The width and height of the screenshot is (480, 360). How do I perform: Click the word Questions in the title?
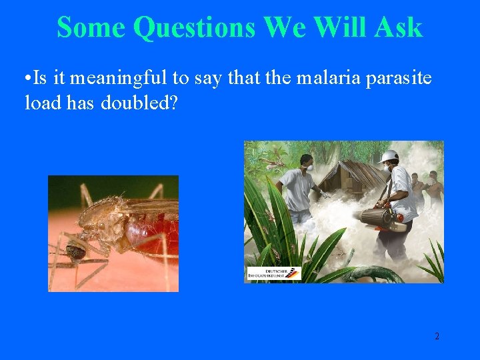click(194, 28)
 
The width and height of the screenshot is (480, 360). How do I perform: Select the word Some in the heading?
click(91, 28)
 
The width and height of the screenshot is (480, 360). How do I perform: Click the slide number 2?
click(437, 336)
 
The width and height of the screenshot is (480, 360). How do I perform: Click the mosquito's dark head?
click(75, 249)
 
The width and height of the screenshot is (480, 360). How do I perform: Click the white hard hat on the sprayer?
click(388, 157)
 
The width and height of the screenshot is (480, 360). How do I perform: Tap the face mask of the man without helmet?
click(309, 167)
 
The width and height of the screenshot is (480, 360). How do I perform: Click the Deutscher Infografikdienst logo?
click(273, 273)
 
